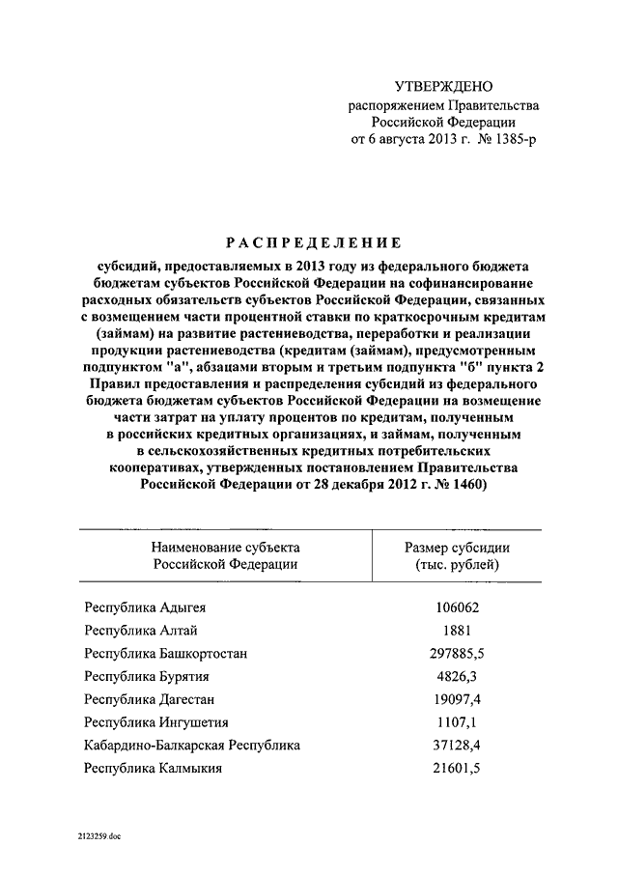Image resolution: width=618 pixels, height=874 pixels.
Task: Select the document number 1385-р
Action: click(x=507, y=140)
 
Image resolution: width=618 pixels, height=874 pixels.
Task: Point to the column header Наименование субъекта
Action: click(x=224, y=547)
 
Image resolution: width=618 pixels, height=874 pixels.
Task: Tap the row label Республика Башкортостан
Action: click(x=165, y=654)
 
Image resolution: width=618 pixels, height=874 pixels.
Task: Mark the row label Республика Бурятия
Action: click(x=147, y=676)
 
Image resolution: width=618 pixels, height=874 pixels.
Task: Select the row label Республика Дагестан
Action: click(x=149, y=699)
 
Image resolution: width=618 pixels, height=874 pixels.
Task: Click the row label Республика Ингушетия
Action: click(x=156, y=722)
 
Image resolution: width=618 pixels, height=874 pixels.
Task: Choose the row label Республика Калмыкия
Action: click(x=154, y=769)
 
